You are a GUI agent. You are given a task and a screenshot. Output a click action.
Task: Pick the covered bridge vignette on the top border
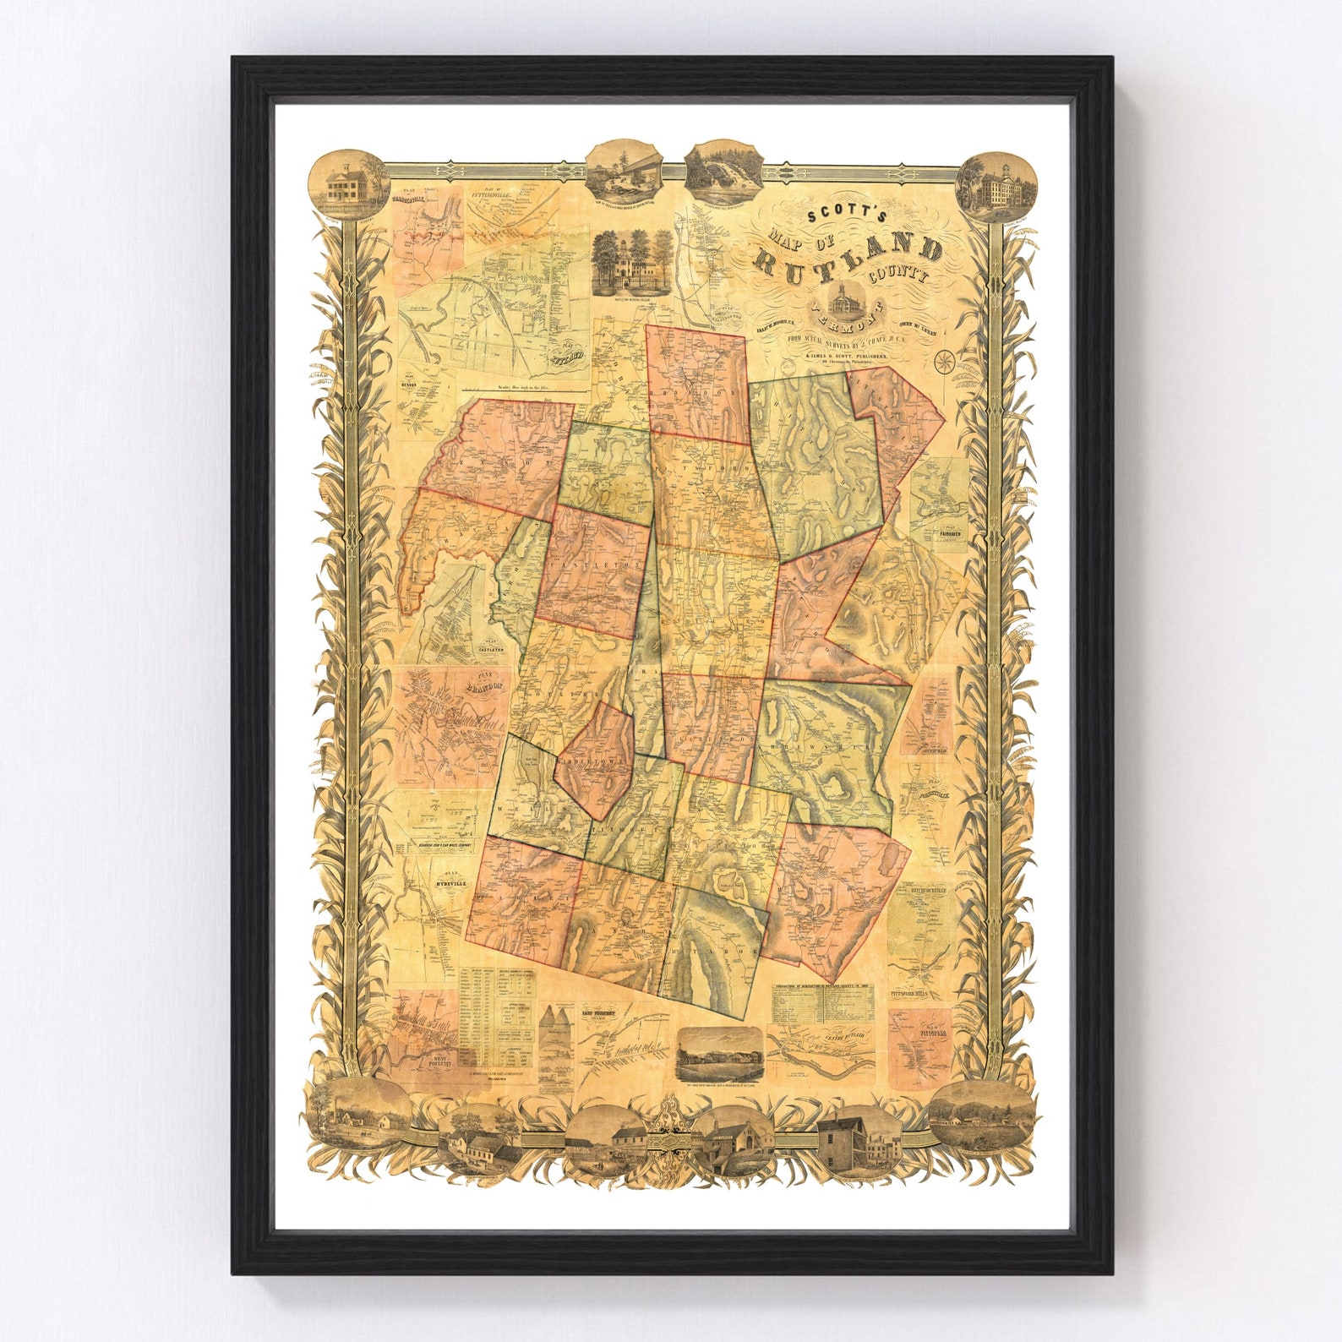tap(624, 172)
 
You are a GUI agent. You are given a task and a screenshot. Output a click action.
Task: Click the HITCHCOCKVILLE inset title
tap(932, 889)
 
